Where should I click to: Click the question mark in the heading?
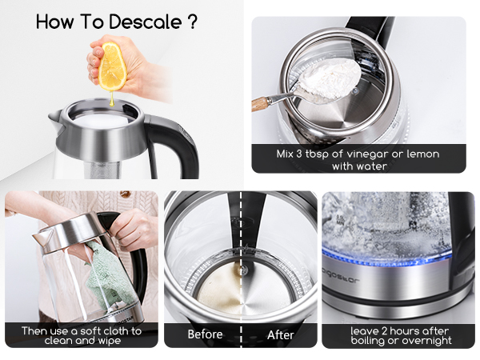tap(192, 22)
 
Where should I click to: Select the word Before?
tap(205, 334)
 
